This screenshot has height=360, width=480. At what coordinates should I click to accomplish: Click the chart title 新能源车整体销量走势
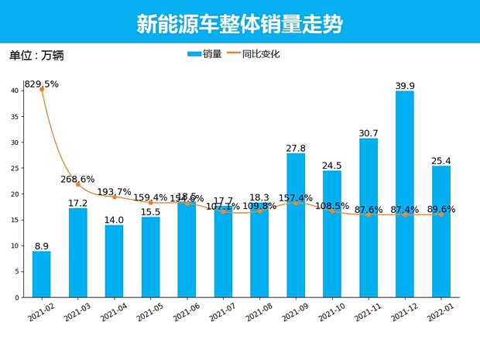[x=239, y=24]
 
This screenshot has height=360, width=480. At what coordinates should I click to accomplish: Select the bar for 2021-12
[x=405, y=194]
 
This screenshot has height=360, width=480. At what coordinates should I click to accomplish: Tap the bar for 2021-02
[x=41, y=274]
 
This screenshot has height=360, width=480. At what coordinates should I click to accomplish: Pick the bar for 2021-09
[x=296, y=225]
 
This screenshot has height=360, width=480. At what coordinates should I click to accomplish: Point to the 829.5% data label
[x=41, y=84]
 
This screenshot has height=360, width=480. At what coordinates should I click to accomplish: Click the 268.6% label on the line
[x=77, y=180]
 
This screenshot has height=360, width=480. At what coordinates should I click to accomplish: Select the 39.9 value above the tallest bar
[x=405, y=85]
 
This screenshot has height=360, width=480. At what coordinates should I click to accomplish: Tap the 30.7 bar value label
[x=369, y=133]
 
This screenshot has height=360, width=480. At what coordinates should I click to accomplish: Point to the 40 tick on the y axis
[x=15, y=91]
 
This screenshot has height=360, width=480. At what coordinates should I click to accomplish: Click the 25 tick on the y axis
[x=15, y=168]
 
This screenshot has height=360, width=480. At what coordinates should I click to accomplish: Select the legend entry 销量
[x=204, y=54]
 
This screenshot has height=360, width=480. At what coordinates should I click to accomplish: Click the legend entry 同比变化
[x=252, y=54]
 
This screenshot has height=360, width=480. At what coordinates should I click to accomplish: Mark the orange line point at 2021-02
[x=42, y=89]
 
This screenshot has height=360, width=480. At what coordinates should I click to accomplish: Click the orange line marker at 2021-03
[x=77, y=184]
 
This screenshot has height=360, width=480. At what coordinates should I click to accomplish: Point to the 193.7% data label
[x=114, y=192]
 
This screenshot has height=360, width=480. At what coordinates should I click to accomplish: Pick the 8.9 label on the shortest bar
[x=41, y=245]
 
